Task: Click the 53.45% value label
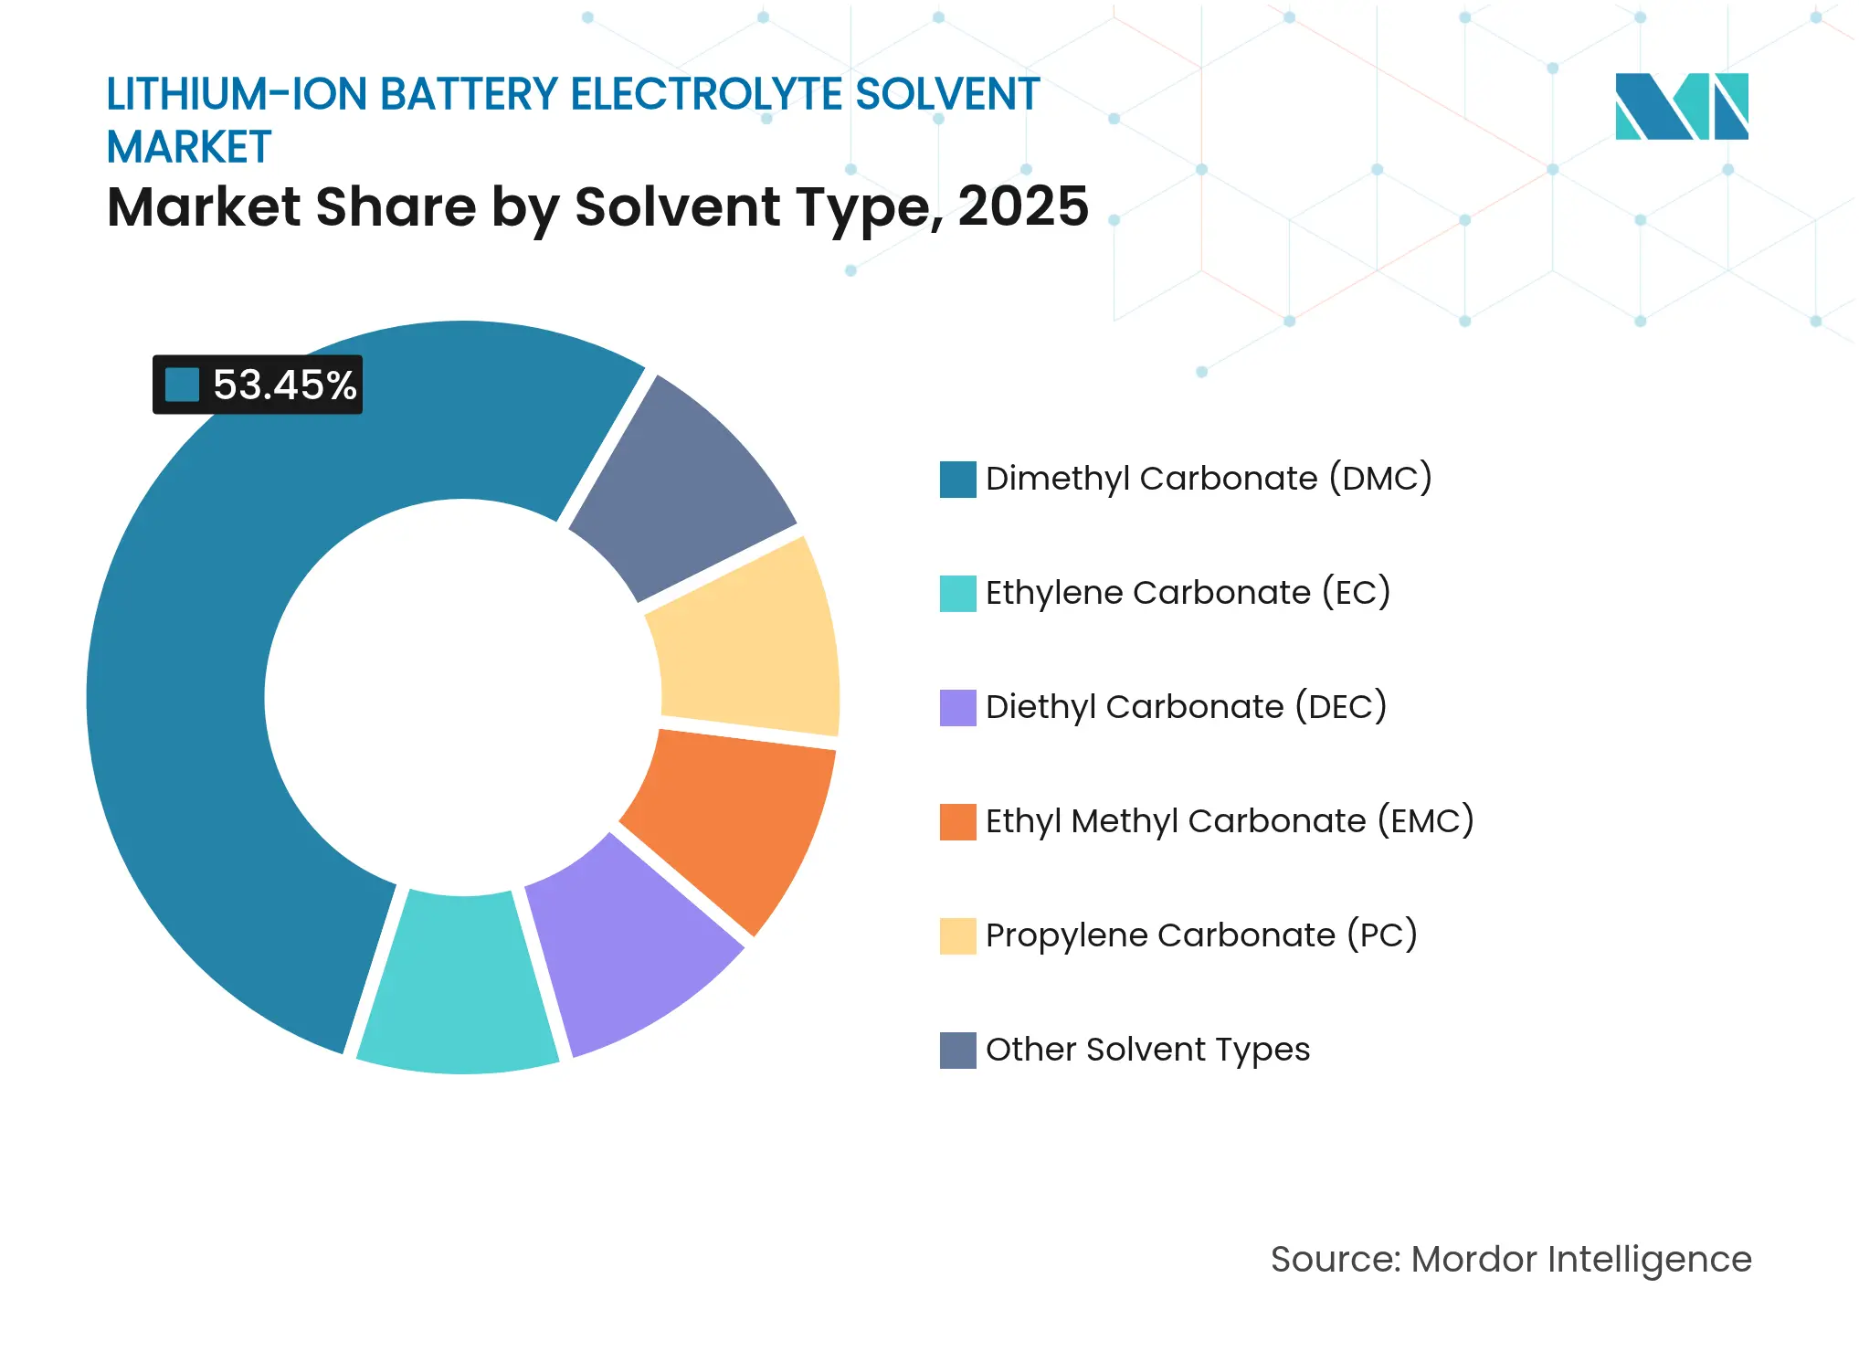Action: [x=284, y=385]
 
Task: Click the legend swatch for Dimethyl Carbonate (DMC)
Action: [x=957, y=480]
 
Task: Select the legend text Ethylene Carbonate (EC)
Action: [x=1188, y=593]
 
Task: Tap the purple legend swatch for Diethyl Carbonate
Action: [x=957, y=708]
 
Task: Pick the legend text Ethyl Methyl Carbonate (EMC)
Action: [x=1230, y=821]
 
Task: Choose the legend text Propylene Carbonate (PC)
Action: [x=1201, y=935]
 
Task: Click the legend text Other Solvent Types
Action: [x=1147, y=1050]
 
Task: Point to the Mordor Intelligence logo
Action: [x=1681, y=106]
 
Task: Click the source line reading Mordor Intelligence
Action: [x=1511, y=1260]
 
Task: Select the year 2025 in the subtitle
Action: [x=1023, y=207]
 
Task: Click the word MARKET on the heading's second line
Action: [x=189, y=147]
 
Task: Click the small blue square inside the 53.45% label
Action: [x=182, y=385]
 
